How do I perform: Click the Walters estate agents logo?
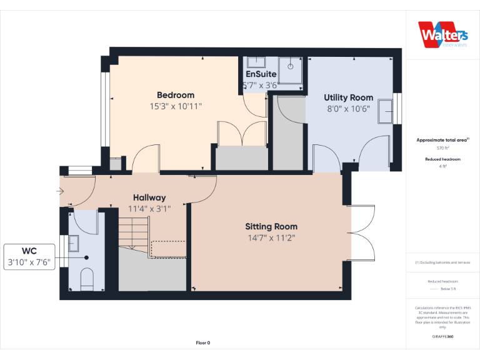tap(442, 34)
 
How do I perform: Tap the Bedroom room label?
tap(176, 95)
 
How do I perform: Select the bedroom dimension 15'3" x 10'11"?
tap(176, 106)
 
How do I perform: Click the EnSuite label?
tap(261, 74)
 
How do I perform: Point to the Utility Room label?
tap(348, 97)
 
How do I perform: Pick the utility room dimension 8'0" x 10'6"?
tap(348, 108)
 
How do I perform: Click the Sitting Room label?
tap(271, 226)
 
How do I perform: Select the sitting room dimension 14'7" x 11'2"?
tap(271, 237)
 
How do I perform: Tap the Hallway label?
tap(149, 197)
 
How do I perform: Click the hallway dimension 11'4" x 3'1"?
tap(149, 209)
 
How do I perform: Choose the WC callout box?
tap(29, 257)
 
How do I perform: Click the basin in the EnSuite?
tap(256, 62)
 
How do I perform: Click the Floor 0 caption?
tap(202, 342)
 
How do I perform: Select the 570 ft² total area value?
tap(442, 148)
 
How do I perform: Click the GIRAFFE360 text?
tap(442, 336)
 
